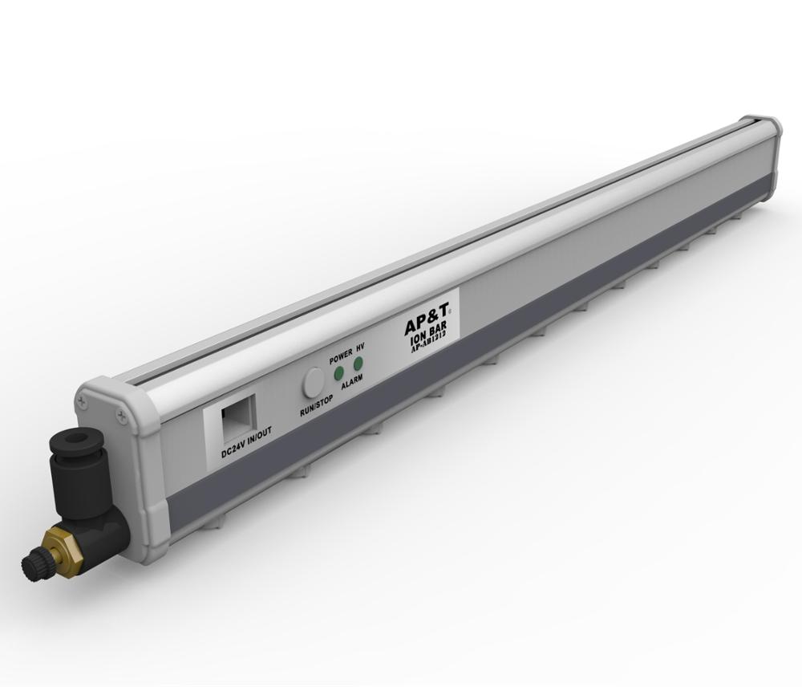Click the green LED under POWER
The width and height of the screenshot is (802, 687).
(339, 373)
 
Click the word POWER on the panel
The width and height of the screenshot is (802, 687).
(342, 354)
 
